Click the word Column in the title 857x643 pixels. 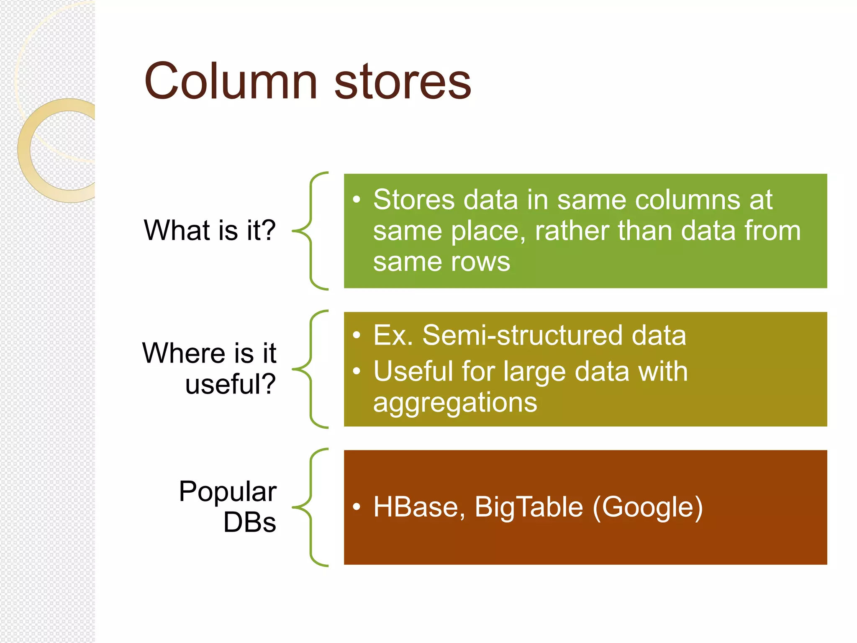[231, 81]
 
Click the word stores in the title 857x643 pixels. [403, 82]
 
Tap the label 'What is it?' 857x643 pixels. [210, 230]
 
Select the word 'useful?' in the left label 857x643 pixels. [231, 384]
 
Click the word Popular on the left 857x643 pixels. [228, 491]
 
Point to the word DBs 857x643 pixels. [250, 522]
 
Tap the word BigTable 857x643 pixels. [529, 507]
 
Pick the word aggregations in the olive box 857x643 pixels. [455, 403]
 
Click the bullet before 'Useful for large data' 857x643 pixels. [357, 371]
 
